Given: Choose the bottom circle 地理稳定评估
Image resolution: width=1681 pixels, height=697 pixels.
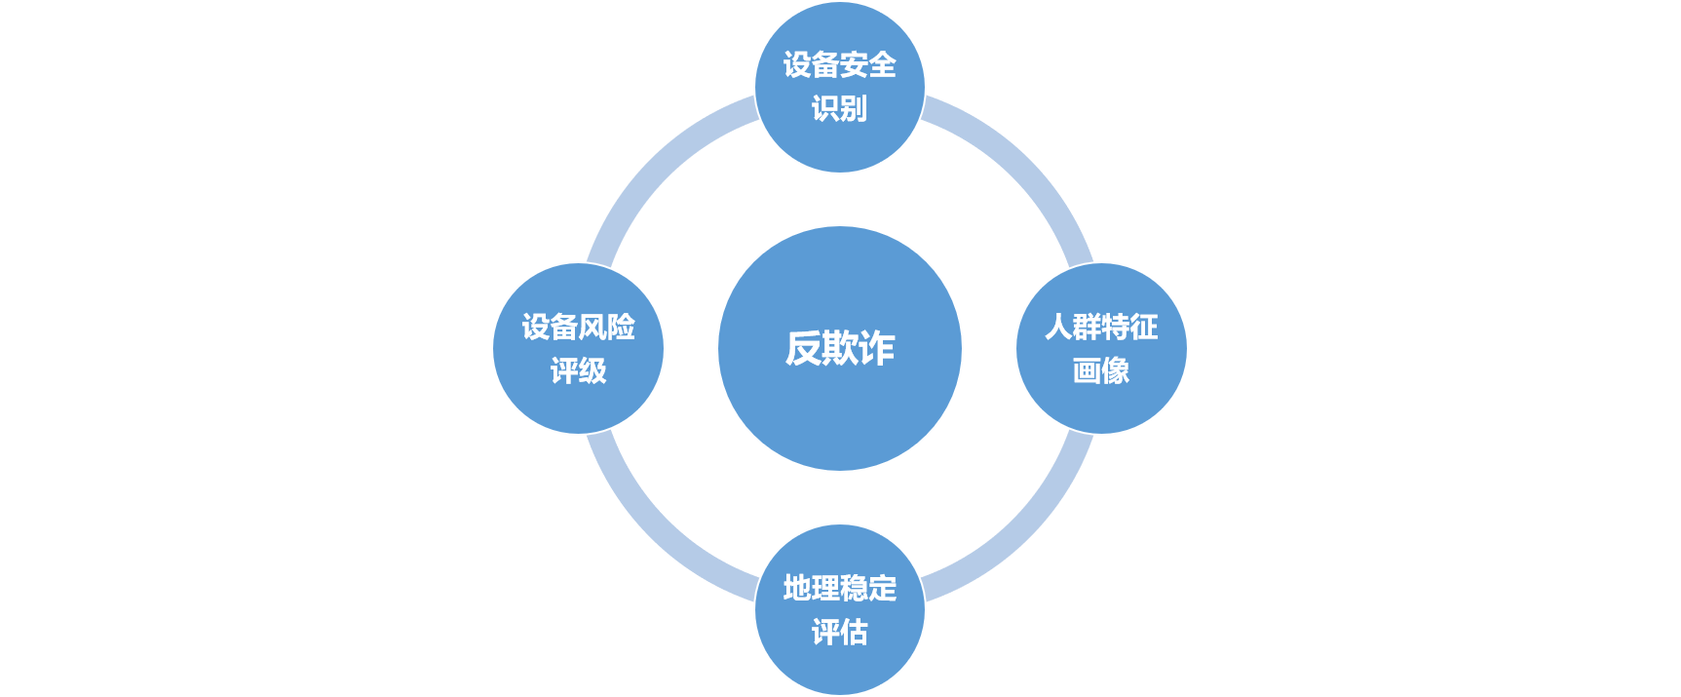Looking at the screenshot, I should coord(839,668).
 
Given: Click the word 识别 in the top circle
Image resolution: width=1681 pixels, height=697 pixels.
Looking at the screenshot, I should coord(839,108).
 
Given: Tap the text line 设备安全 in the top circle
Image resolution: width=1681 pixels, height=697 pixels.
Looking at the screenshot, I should coord(839,65).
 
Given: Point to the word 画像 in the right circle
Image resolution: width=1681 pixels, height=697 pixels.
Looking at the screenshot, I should coord(1101,370).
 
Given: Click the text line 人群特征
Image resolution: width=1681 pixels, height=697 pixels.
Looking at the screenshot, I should coord(1101,327).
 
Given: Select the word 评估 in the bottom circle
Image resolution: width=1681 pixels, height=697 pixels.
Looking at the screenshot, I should coord(839,632).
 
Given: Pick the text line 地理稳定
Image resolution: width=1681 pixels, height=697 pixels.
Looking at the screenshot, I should coord(839,588).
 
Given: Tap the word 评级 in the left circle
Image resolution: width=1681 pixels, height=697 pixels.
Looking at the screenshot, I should coord(578,370).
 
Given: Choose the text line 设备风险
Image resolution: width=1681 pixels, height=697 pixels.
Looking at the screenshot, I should coord(578,327).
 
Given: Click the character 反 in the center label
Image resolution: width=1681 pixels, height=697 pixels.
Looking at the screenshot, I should coord(803,348).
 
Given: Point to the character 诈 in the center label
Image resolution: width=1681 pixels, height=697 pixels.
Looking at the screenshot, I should coord(876,348).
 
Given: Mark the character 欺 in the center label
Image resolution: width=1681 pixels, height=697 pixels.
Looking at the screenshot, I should coord(839,348).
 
